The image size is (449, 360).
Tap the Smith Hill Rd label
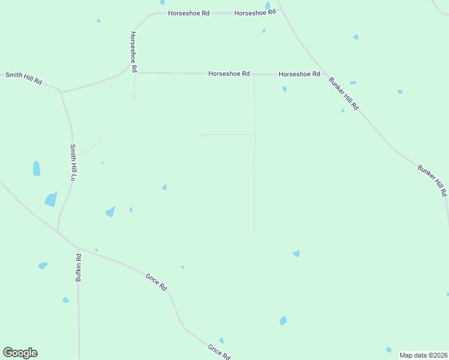coord(23,78)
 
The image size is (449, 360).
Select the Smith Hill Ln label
coord(73,162)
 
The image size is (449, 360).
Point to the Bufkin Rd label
coord(78,268)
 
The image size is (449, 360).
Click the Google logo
coord(20,353)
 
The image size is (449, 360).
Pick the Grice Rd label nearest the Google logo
coord(218,352)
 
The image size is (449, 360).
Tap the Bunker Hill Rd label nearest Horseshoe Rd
coord(343,93)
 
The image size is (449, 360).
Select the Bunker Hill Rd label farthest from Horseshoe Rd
coord(432,179)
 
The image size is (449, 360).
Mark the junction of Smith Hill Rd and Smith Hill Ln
coord(61,92)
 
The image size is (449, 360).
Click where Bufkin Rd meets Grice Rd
coord(77,247)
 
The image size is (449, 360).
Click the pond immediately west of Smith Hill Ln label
coord(37,169)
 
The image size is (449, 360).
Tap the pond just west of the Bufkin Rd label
coord(43,265)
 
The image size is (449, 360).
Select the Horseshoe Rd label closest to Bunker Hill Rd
coord(299,74)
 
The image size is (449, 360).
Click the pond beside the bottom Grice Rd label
coord(221,340)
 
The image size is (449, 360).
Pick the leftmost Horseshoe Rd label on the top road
coord(188,13)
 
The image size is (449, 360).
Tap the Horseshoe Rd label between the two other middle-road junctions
coord(229,73)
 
